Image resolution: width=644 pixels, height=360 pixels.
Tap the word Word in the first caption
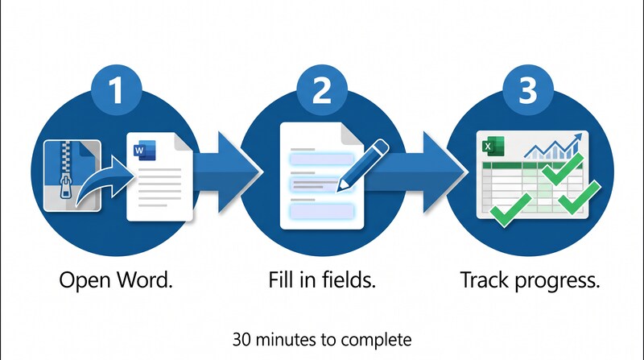coord(147,282)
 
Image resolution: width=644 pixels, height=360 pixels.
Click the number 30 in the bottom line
coord(241,335)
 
